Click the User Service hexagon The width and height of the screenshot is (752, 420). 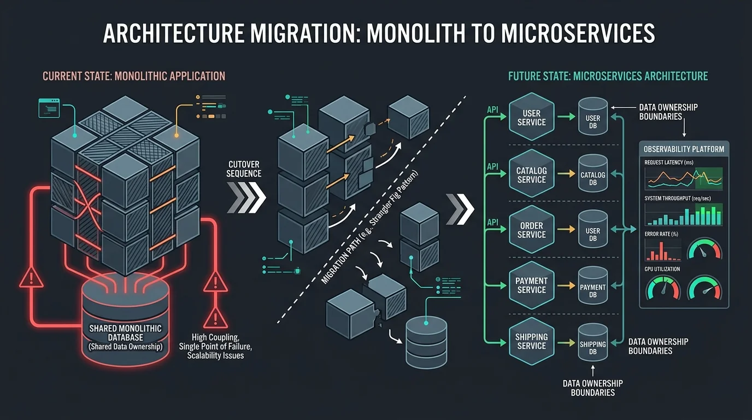click(531, 117)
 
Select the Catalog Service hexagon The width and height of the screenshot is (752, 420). click(531, 174)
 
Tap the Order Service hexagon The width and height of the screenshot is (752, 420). click(531, 230)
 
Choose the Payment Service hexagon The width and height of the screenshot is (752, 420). click(531, 285)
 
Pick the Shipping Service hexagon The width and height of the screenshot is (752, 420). click(531, 341)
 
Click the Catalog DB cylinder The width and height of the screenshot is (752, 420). click(593, 174)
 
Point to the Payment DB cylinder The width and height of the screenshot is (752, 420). click(593, 286)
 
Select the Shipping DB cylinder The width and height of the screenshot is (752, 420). click(593, 343)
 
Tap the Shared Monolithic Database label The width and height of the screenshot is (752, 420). click(125, 333)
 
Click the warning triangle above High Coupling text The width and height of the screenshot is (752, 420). click(215, 283)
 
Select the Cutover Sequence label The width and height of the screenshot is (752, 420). click(244, 168)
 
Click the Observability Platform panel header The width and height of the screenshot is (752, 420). click(684, 149)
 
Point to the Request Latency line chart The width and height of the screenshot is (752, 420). click(684, 178)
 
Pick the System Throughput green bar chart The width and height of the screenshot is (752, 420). click(684, 215)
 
